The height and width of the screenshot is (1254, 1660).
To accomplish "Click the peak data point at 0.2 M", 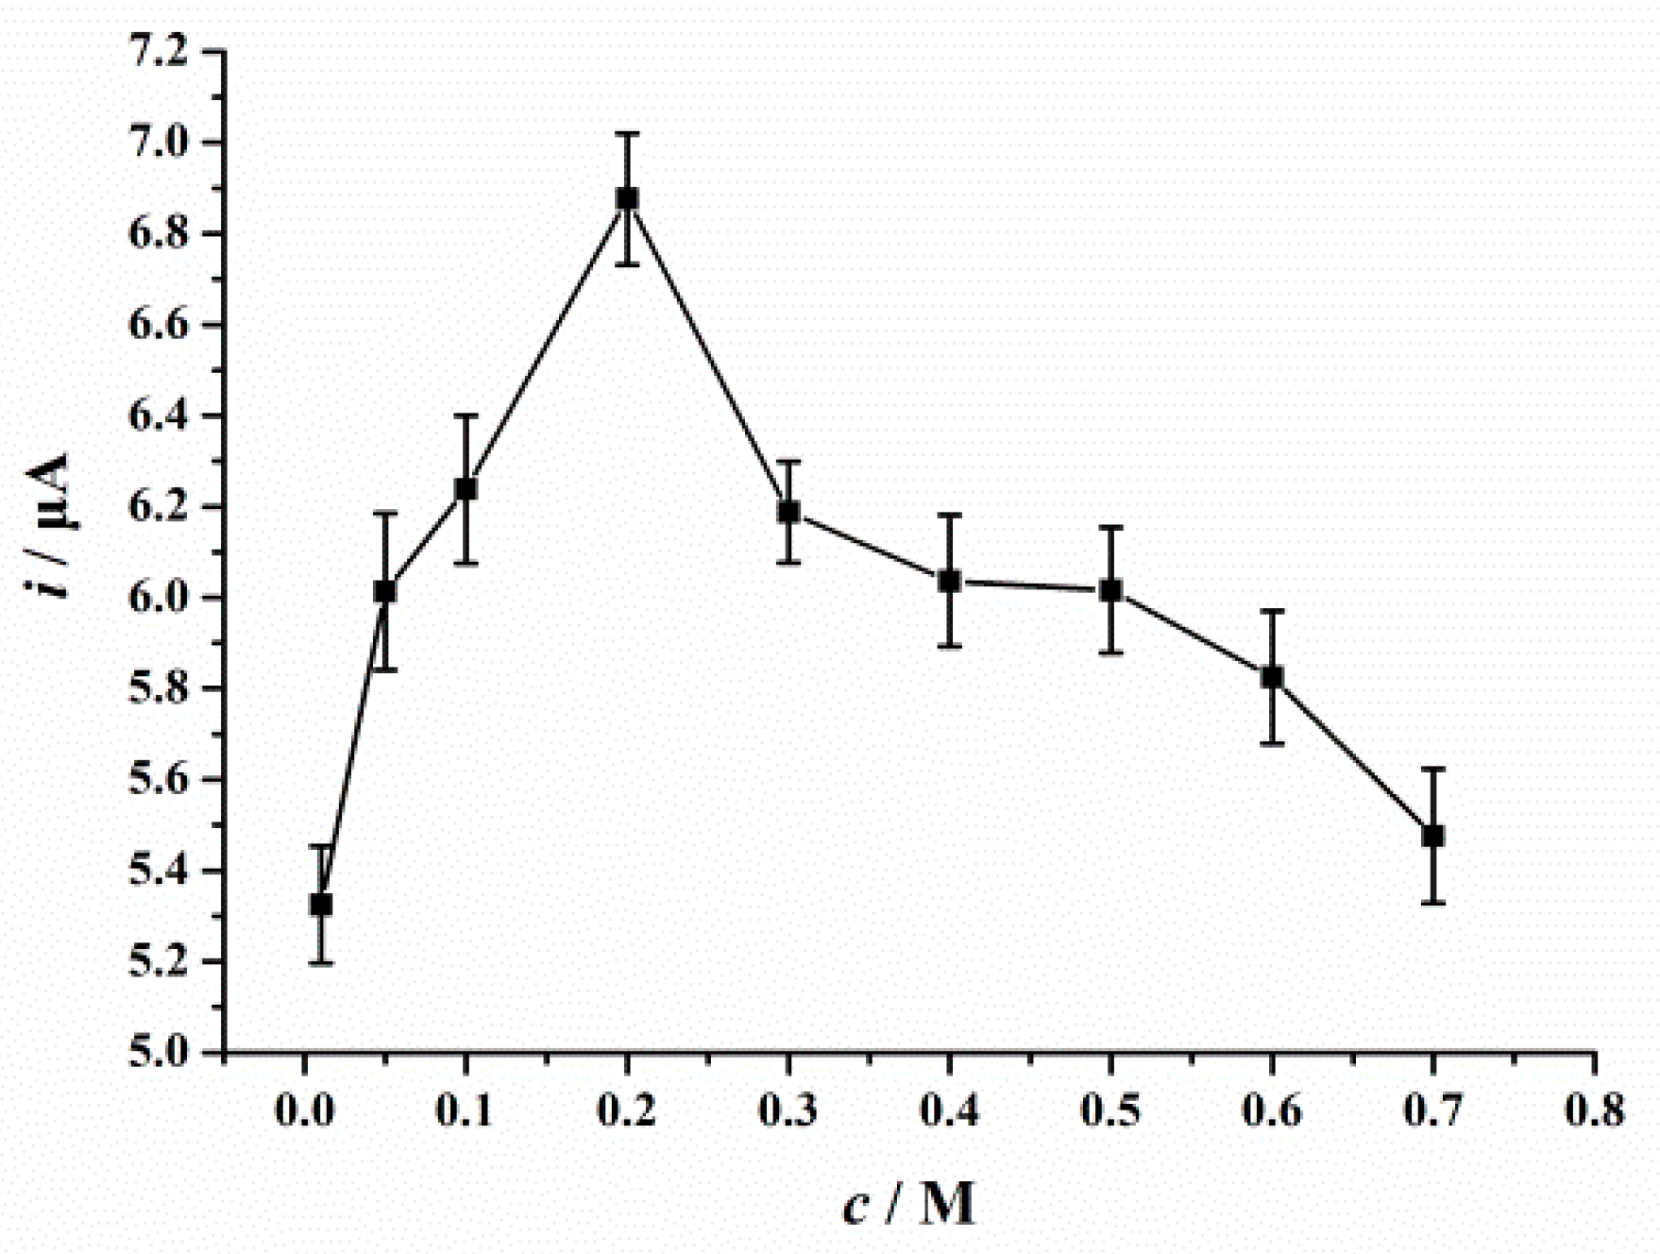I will (x=627, y=198).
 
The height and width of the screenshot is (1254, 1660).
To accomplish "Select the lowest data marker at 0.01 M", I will (x=321, y=904).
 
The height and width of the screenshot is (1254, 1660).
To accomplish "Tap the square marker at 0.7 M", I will (x=1433, y=836).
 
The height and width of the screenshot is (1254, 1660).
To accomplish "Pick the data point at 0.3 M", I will (x=788, y=512).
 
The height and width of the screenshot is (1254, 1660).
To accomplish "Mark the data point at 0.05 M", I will (x=384, y=591).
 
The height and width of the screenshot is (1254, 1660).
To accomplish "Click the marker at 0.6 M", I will (x=1272, y=677).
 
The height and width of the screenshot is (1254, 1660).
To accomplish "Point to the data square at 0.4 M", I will (x=950, y=581).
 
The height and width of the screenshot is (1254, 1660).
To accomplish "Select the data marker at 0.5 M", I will (x=1111, y=590).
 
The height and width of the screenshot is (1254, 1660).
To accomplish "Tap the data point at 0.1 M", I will (x=466, y=488).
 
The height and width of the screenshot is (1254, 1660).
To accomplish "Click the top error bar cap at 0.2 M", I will (x=627, y=134).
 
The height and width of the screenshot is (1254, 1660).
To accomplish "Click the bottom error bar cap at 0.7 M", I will (x=1433, y=903).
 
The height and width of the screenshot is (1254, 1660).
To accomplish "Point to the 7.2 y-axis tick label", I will (x=159, y=52).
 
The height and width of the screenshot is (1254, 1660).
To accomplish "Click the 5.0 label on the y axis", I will (x=159, y=1051).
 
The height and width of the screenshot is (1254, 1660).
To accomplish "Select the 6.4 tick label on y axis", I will (x=159, y=415).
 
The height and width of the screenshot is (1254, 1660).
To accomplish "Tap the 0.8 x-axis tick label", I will (x=1595, y=1110).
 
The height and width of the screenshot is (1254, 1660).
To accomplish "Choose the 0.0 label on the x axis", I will (x=304, y=1110).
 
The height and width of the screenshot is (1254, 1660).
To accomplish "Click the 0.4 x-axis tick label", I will (x=950, y=1110).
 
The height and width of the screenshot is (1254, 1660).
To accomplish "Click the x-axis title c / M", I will (x=907, y=1204).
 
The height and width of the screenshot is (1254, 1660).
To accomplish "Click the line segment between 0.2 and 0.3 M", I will (x=708, y=356).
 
